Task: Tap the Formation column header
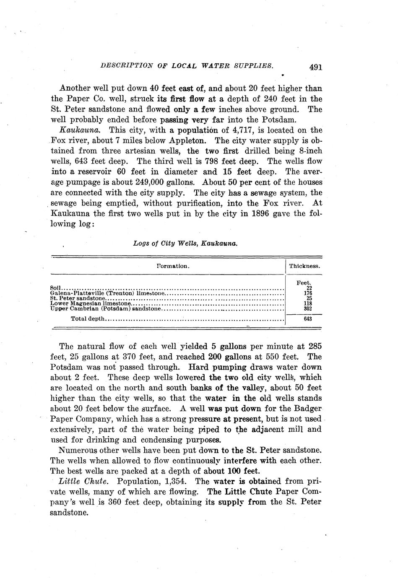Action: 173,266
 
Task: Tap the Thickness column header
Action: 304,266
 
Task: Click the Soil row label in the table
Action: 56,288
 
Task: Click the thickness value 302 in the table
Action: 307,308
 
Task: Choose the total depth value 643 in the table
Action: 307,319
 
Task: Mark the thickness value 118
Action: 307,303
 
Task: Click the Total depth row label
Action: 88,319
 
